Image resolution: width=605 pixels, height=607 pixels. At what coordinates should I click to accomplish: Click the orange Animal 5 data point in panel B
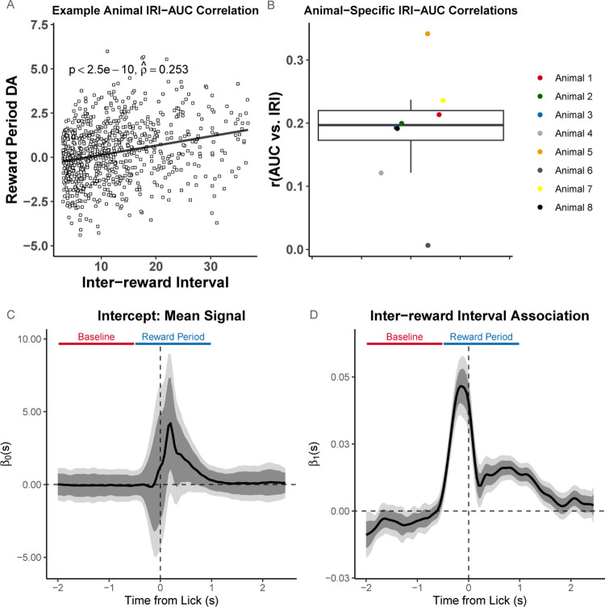(x=428, y=34)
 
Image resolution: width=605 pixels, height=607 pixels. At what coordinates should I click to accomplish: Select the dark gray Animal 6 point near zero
(x=428, y=245)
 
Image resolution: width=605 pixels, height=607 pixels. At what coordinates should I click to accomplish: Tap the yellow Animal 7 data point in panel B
(x=443, y=101)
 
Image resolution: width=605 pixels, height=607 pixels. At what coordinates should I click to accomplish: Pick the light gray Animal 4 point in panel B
(x=381, y=173)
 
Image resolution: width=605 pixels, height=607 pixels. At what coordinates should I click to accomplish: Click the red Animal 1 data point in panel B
(x=439, y=114)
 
